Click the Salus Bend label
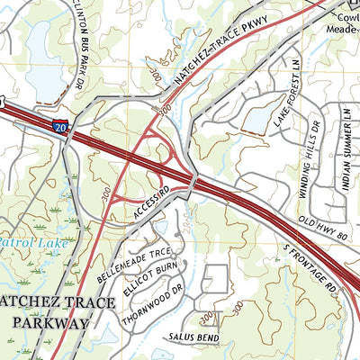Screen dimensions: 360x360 pos(190,336)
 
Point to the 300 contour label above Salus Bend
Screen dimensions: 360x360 pos(209,317)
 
